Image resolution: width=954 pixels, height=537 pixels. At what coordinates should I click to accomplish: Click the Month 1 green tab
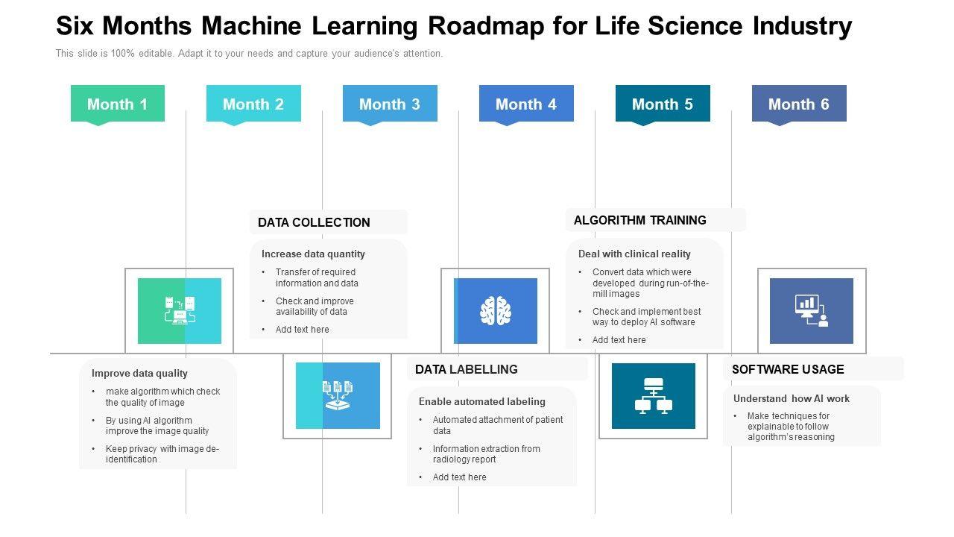117,104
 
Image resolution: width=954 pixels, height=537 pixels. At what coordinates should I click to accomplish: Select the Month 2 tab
253,104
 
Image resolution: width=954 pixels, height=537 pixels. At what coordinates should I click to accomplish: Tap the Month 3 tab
390,104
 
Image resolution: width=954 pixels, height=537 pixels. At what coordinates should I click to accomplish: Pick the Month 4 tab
526,104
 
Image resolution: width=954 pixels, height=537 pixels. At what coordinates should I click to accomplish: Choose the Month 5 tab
663,104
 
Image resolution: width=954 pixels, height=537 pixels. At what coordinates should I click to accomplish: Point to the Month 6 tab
799,104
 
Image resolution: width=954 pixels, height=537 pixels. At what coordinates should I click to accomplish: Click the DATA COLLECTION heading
314,222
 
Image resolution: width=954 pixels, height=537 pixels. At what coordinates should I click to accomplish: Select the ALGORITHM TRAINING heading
640,220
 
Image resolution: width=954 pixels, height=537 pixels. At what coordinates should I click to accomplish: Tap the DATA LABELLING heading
466,369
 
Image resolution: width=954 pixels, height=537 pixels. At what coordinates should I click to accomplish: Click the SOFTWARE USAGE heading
788,369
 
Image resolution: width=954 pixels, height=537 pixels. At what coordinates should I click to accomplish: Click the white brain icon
496,311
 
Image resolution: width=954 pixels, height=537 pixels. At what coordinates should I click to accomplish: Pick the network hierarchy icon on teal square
654,396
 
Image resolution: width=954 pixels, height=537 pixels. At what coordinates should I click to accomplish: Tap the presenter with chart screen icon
812,311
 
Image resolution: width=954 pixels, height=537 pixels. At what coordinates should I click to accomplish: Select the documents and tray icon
338,396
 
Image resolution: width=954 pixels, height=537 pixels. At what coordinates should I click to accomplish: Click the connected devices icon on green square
180,311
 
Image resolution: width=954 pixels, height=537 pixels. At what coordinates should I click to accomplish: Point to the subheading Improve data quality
139,373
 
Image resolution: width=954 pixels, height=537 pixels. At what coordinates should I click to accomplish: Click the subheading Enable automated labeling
482,401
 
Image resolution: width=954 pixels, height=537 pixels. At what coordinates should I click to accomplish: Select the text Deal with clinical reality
634,254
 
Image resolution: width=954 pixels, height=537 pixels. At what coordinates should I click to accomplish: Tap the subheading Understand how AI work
792,398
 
